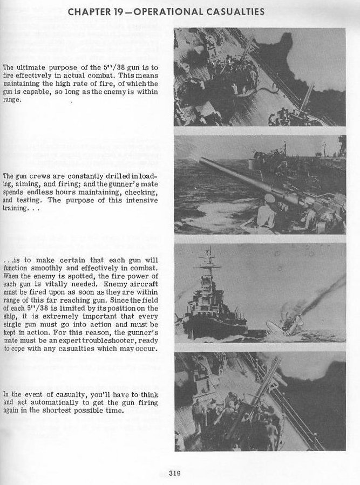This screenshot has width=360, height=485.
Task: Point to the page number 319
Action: point(174,474)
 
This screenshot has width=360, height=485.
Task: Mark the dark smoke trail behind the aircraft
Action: point(324,291)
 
